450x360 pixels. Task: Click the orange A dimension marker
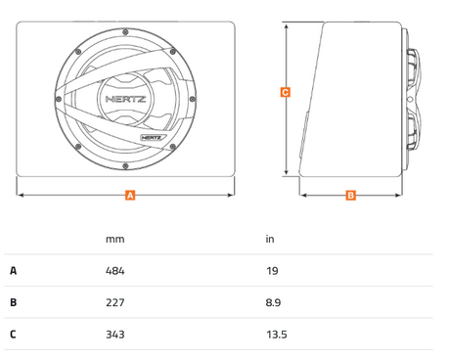[130, 195]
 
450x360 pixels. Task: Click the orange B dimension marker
[351, 195]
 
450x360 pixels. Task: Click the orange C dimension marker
[286, 92]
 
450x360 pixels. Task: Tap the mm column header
[115, 240]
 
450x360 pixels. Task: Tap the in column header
[270, 239]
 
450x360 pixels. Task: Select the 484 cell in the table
[115, 271]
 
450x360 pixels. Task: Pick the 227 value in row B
[115, 302]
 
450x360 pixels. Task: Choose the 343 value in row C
[115, 335]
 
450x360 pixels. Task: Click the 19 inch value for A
[272, 271]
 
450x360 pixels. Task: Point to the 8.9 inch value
[273, 302]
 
